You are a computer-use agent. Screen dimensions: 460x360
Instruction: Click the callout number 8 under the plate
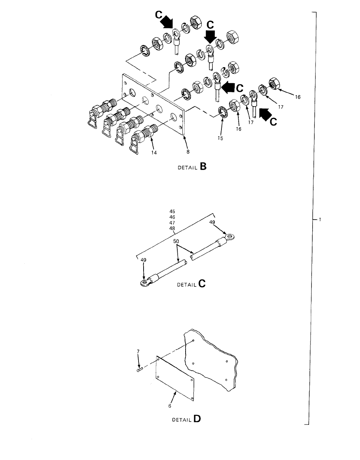coord(188,151)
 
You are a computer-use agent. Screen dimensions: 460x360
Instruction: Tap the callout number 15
coord(221,139)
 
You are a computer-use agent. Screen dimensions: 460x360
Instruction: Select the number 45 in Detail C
coord(172,212)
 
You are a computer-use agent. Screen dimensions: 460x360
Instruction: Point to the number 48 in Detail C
coord(172,228)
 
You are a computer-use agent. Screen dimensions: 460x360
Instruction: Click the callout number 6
coord(170,406)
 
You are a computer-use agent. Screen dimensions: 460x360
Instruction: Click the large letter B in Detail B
coord(204,167)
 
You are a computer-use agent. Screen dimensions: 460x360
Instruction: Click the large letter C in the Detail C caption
coord(202,284)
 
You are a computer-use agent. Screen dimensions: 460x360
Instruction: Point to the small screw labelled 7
coord(140,370)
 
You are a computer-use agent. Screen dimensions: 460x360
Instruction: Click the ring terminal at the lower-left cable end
coord(145,283)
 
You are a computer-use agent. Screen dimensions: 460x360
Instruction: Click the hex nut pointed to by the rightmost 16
coord(275,83)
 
